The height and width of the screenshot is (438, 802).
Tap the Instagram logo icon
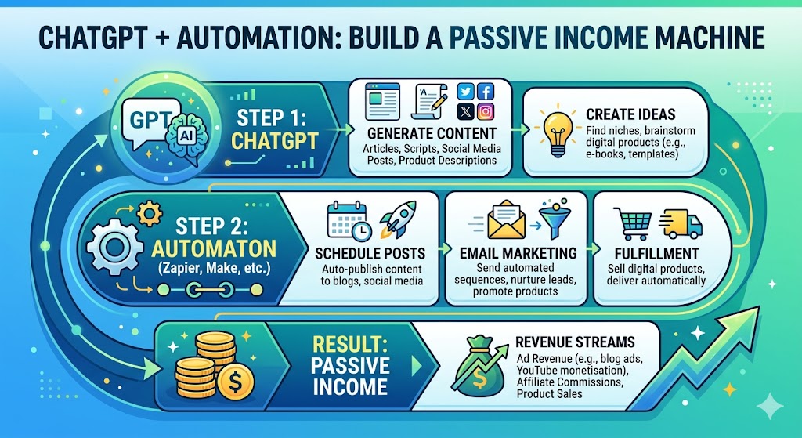(x=486, y=112)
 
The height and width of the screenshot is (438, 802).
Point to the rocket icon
(x=394, y=219)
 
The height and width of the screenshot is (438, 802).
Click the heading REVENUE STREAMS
(x=576, y=342)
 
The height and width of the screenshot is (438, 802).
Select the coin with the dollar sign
(x=233, y=383)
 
